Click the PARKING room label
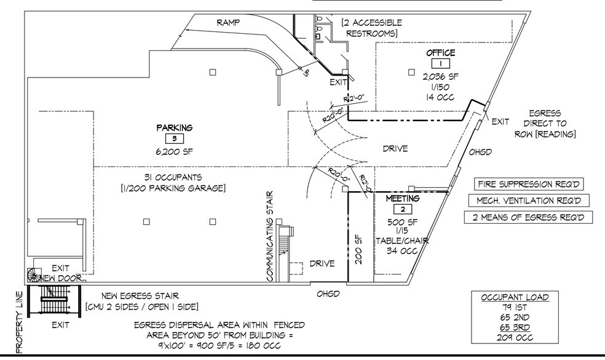(x=175, y=128)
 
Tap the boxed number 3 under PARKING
(x=175, y=139)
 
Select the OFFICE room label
(x=441, y=53)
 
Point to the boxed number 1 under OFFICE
(x=441, y=64)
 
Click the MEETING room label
(x=403, y=198)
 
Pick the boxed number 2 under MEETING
(x=403, y=209)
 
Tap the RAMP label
(x=228, y=22)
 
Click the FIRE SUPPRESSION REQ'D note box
(x=529, y=184)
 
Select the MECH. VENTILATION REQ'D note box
(x=529, y=200)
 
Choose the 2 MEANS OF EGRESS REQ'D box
(x=529, y=217)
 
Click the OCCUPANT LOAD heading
(x=515, y=297)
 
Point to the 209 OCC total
(x=515, y=338)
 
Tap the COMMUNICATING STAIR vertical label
(x=270, y=237)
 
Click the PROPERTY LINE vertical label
(x=20, y=323)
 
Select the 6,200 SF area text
(x=174, y=152)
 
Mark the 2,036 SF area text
(x=441, y=76)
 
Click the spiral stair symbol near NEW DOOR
(x=34, y=275)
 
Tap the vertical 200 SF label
(x=358, y=250)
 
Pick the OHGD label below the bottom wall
(x=328, y=294)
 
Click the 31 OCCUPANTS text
(x=173, y=178)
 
